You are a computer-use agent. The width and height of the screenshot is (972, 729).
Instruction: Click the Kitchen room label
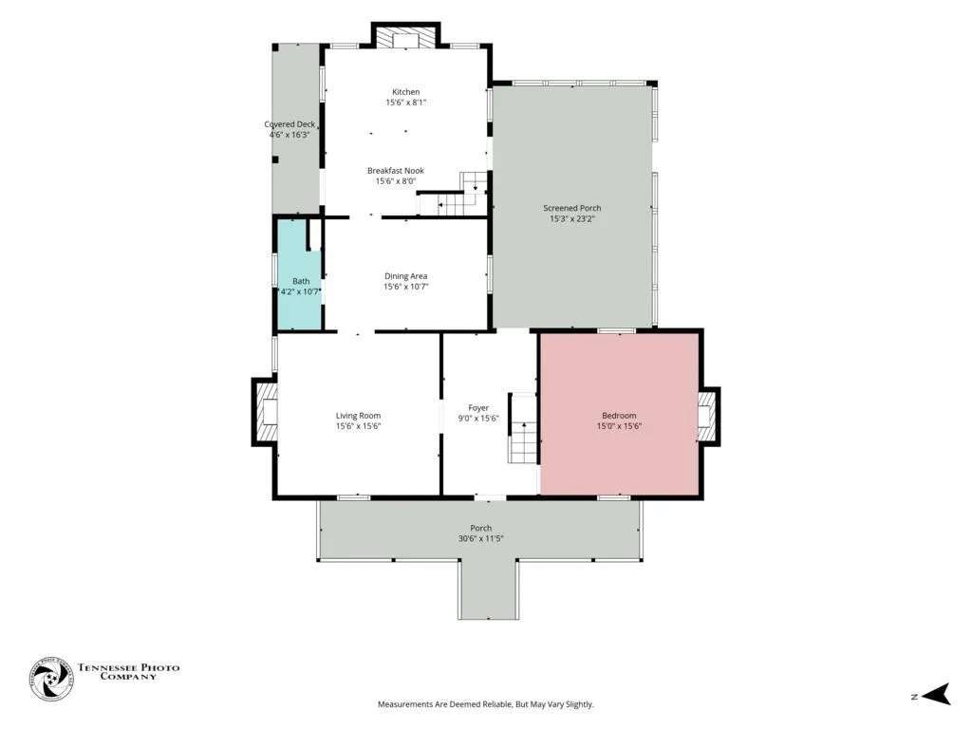tap(406, 92)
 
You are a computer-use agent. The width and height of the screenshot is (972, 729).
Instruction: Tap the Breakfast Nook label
tap(396, 171)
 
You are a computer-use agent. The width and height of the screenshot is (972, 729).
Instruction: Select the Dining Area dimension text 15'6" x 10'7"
tap(406, 287)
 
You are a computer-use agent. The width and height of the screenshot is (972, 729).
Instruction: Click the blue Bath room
tap(298, 274)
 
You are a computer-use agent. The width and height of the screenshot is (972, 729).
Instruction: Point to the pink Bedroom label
tap(619, 416)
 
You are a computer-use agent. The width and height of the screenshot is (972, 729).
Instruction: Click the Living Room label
tap(358, 416)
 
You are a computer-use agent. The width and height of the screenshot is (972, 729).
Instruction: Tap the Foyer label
tap(478, 407)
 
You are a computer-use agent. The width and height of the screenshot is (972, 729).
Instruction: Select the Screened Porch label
tap(572, 208)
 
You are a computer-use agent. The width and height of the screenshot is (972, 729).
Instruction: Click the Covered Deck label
tap(290, 124)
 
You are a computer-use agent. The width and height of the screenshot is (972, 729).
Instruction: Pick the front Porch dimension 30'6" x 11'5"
tap(481, 539)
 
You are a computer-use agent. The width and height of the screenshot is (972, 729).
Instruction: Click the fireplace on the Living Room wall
tap(266, 412)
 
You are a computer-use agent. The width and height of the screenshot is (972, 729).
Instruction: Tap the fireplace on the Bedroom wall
tap(708, 416)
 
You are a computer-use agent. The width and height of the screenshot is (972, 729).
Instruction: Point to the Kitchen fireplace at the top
tap(406, 36)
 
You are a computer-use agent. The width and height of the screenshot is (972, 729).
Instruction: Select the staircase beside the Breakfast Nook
tap(455, 195)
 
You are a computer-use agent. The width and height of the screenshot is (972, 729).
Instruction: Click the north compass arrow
tap(936, 694)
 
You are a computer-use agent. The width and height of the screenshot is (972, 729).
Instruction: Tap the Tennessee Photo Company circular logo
tap(51, 679)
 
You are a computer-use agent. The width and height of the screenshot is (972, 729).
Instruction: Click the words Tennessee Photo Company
tap(128, 672)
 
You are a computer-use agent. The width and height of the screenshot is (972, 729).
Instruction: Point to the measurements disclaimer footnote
tap(486, 704)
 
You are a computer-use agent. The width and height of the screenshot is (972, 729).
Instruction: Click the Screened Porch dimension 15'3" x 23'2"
tap(572, 218)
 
